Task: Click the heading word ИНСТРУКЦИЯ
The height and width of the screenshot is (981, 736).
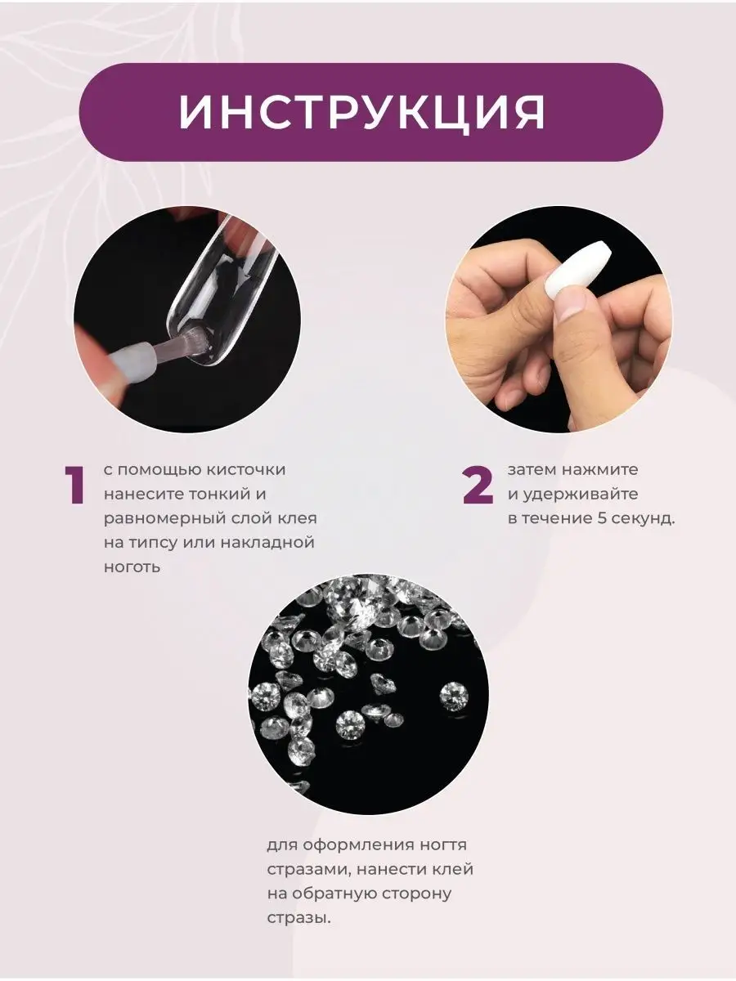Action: [362, 112]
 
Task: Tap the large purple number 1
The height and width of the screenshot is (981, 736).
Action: [74, 485]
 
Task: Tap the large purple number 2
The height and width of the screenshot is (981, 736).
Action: [478, 485]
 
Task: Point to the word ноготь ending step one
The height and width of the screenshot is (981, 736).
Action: [132, 568]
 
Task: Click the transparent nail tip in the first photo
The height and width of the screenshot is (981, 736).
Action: [223, 290]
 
